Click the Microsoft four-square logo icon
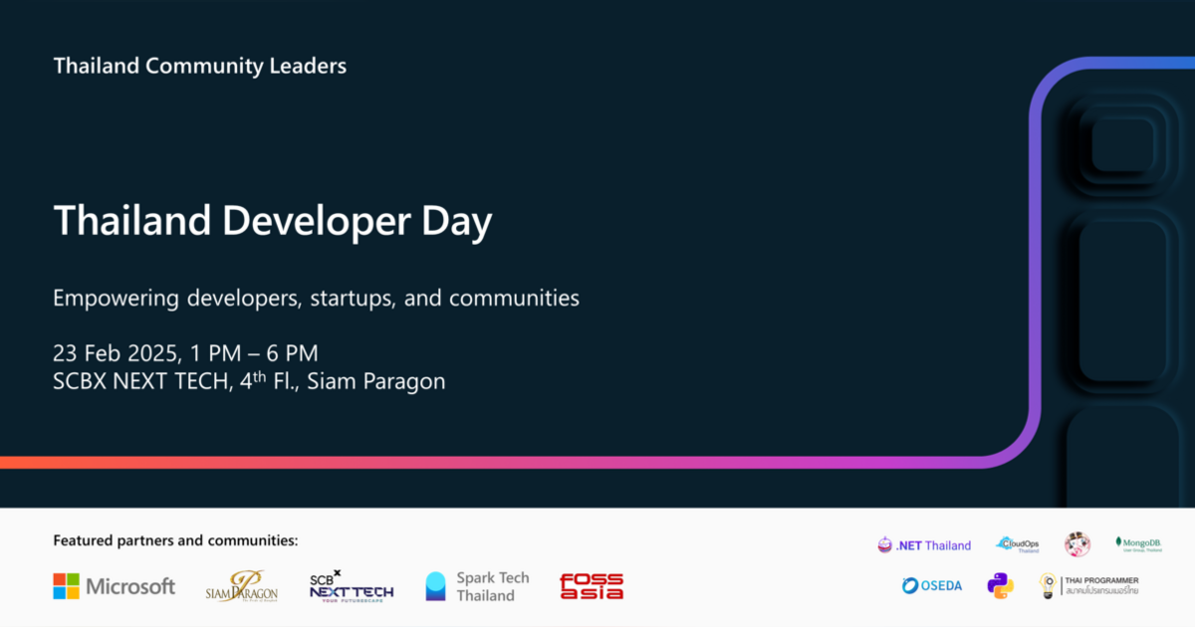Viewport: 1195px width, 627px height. tap(66, 586)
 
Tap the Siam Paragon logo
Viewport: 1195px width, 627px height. tap(241, 586)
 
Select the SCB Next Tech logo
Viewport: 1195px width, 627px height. tap(351, 585)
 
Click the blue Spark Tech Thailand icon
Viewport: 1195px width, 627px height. tap(435, 586)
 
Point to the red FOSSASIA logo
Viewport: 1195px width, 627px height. tap(592, 586)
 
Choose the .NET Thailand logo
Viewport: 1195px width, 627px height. tap(923, 545)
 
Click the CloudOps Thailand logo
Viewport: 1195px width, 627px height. tap(1018, 544)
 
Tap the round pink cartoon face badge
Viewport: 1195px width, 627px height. tap(1076, 544)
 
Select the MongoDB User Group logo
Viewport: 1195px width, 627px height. tap(1138, 544)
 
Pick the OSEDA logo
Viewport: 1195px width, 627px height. tap(932, 585)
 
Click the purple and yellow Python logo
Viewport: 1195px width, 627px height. tap(1000, 585)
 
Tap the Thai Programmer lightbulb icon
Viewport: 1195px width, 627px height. tap(1048, 585)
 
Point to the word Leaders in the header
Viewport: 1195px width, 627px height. tap(308, 67)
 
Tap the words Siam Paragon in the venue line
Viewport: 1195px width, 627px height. tap(375, 382)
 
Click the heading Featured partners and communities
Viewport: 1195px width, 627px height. tap(175, 540)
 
